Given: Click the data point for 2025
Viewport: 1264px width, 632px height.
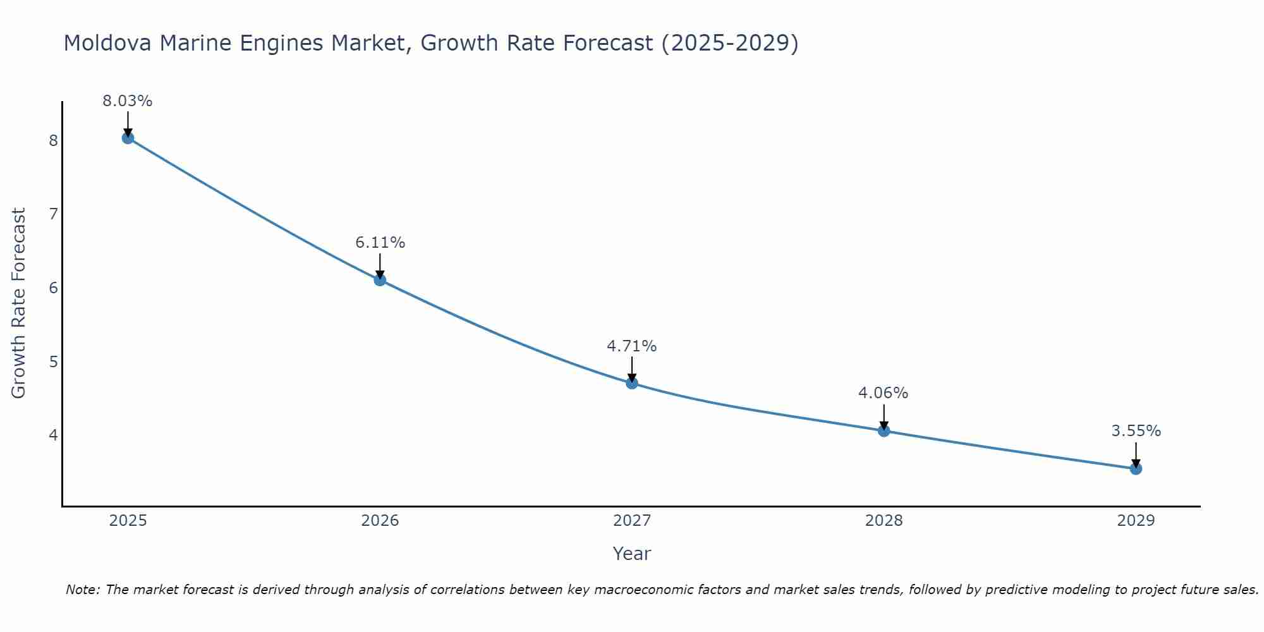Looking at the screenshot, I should click(x=128, y=138).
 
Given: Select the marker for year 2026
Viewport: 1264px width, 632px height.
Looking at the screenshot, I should click(x=380, y=279).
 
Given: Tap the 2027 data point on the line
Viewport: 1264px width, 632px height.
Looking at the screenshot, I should click(x=632, y=383).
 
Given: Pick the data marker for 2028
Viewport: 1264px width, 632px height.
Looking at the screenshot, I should click(x=884, y=431).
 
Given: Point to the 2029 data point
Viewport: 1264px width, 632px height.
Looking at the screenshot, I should click(x=1136, y=468).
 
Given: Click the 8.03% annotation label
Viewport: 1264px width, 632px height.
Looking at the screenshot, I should click(x=128, y=101).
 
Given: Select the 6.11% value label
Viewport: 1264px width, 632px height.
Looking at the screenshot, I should click(x=380, y=243).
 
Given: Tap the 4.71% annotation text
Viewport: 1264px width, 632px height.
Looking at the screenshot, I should click(x=632, y=346).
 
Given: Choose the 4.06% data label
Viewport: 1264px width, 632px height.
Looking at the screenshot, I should click(x=883, y=393).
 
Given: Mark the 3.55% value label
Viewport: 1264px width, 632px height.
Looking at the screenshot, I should click(x=1136, y=431).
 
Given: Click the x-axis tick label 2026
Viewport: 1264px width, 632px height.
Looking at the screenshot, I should click(x=380, y=521).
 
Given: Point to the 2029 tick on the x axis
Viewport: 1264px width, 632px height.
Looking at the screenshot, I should click(x=1136, y=521).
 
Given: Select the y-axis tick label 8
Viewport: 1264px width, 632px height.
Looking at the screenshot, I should click(x=53, y=140).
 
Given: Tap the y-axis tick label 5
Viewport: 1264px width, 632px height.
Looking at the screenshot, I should click(x=53, y=362).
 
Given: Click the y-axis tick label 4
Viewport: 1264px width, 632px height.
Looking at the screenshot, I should click(x=53, y=435).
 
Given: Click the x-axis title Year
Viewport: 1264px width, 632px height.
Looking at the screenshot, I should click(x=632, y=554).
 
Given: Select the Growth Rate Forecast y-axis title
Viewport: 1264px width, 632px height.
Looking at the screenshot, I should click(x=19, y=303).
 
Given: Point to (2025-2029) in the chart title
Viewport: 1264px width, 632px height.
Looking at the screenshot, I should click(x=730, y=43).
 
